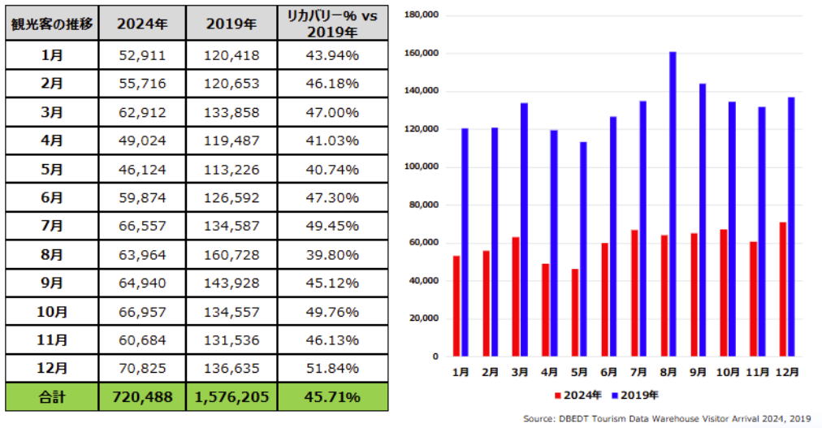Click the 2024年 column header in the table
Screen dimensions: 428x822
pyautogui.click(x=142, y=23)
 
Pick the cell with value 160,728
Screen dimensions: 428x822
pyautogui.click(x=231, y=255)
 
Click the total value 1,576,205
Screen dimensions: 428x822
pyautogui.click(x=231, y=397)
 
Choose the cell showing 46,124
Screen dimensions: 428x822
pyautogui.click(x=142, y=169)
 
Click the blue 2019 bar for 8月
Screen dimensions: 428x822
pyautogui.click(x=673, y=204)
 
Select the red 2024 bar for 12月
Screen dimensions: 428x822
pyautogui.click(x=782, y=289)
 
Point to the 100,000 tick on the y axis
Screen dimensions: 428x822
pyautogui.click(x=421, y=167)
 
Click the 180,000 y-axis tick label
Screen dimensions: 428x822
pyautogui.click(x=421, y=15)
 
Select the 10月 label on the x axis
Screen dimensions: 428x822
pyautogui.click(x=728, y=372)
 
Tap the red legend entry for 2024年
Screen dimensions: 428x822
pyautogui.click(x=578, y=396)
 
